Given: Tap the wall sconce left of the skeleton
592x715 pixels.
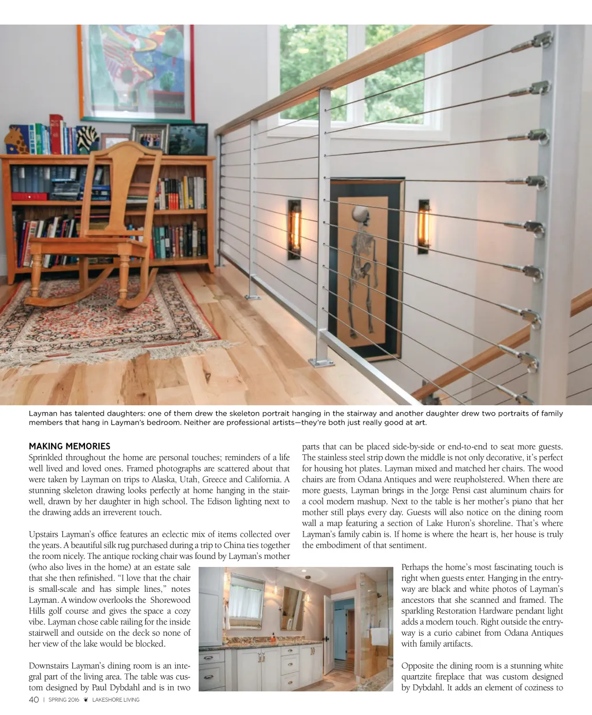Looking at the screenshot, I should tap(294, 229).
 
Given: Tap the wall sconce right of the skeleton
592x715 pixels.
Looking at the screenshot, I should tap(424, 227).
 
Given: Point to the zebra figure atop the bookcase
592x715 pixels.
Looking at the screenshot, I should tap(87, 139).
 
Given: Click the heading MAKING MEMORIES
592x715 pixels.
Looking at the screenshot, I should tap(69, 446).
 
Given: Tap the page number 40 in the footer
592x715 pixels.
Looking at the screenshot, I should tap(34, 700).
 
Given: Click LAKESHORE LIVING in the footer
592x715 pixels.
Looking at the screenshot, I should tap(116, 700).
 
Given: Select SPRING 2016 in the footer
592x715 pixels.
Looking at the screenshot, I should tap(64, 700).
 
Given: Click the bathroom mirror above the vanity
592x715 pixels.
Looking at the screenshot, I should tap(247, 601).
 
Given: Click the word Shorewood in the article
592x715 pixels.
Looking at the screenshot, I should tap(170, 600).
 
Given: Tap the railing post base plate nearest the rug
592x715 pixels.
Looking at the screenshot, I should tap(253, 298).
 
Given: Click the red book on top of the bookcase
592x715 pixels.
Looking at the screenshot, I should tap(56, 134).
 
